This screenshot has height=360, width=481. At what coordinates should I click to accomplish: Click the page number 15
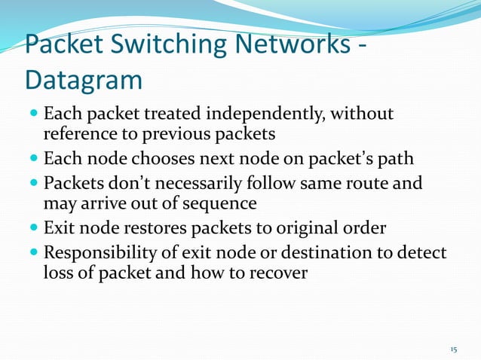coord(453,349)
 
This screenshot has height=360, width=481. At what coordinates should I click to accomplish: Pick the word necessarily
coord(192,184)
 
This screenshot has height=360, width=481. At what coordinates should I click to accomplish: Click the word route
coord(372,184)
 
